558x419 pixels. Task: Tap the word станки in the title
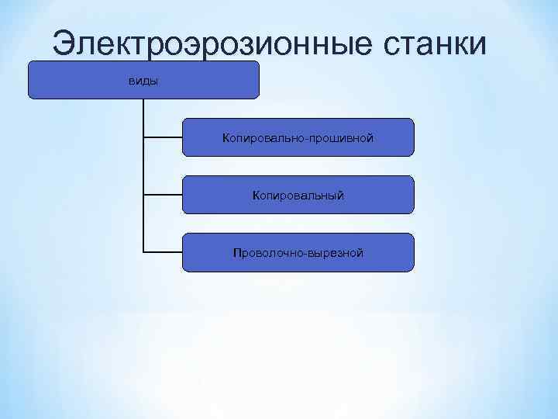(x=435, y=43)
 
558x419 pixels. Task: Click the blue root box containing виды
(x=201, y=80)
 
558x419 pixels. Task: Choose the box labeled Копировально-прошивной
(x=298, y=137)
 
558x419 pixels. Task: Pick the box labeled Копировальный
(x=298, y=195)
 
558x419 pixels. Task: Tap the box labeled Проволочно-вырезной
(x=298, y=252)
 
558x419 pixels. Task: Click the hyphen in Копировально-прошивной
(x=306, y=138)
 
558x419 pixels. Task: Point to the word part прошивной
(x=341, y=138)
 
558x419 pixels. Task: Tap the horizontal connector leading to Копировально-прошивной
(x=163, y=137)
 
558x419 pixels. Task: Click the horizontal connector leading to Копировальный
(x=163, y=195)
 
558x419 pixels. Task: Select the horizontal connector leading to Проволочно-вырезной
(x=163, y=252)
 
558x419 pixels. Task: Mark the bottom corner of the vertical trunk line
(x=143, y=252)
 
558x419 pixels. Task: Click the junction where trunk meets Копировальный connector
(x=143, y=195)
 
